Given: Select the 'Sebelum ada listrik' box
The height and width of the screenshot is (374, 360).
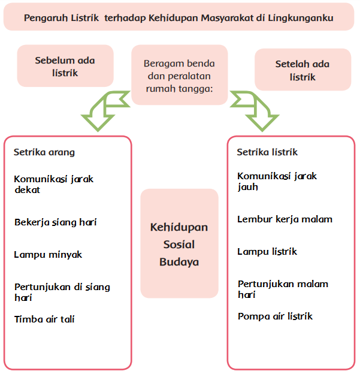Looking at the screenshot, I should (65, 66).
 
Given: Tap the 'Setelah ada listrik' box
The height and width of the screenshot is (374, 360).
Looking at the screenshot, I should (302, 70).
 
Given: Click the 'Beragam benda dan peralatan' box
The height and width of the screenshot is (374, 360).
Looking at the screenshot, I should (179, 75).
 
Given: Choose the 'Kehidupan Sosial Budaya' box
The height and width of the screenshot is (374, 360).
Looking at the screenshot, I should (179, 244).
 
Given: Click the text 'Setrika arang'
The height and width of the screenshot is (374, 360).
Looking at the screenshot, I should (44, 152).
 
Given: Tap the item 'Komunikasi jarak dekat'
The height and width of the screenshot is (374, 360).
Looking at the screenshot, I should (54, 184).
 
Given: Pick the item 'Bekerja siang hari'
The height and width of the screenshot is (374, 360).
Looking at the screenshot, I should (56, 222).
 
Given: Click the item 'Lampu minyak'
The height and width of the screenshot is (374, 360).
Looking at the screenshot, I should (48, 255).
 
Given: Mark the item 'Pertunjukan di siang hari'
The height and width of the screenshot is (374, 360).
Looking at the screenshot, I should (62, 292).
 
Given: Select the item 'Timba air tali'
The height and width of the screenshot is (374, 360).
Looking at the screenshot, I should (44, 319).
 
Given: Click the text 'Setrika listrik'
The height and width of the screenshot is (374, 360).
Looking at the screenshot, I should (267, 152).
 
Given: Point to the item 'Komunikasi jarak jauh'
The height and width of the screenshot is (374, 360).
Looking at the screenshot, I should (277, 181).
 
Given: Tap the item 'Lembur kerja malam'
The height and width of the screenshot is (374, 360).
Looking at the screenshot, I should (285, 219).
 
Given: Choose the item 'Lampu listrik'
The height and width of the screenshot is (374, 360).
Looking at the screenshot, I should (267, 252).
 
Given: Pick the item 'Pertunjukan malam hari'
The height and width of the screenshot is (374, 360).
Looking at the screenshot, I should (283, 289).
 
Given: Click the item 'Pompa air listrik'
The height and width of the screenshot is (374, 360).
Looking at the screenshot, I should (275, 316).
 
